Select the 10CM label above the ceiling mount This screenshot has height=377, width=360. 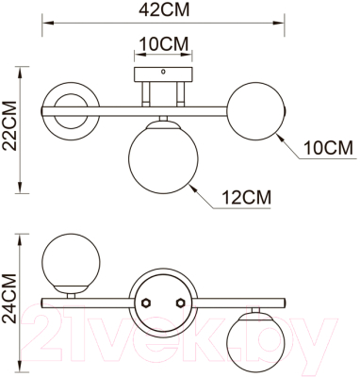[x=162, y=44]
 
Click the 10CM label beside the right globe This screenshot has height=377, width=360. [x=328, y=148]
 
